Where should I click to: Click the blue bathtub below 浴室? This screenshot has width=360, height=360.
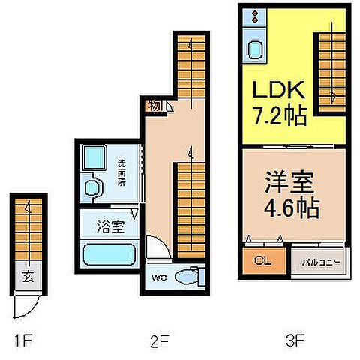pos(109,253)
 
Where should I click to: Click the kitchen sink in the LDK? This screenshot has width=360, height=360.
pos(256,50)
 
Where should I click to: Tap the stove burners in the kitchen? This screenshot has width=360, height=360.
pos(255,17)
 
